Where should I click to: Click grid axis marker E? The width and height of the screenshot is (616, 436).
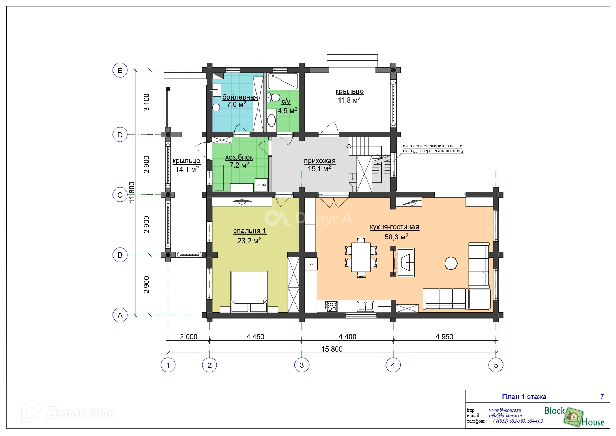click(120, 70)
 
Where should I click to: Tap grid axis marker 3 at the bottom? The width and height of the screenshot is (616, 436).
click(302, 365)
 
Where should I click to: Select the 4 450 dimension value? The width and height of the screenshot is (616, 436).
click(255, 337)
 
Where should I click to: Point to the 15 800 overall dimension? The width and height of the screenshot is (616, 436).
click(332, 349)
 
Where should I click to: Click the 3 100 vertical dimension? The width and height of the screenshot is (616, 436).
click(147, 102)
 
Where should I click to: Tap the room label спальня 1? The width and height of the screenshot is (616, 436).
click(249, 231)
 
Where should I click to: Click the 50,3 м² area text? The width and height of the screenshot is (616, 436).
click(396, 237)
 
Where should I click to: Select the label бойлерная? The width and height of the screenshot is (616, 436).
click(240, 97)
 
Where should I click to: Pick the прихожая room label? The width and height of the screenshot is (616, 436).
click(320, 161)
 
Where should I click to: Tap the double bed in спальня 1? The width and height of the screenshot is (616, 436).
click(249, 291)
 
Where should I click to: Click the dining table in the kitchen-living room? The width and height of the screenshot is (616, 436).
click(361, 257)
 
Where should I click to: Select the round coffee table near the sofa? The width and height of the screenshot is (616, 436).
click(451, 263)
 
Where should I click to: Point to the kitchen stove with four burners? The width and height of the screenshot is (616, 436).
click(331, 307)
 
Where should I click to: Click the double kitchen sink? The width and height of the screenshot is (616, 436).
click(365, 306)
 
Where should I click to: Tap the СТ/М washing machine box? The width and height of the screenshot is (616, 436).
click(261, 185)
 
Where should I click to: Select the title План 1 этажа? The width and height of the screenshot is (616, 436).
click(524, 397)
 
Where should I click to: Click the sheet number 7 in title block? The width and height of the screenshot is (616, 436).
click(602, 396)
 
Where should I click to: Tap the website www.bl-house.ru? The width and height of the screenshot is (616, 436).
click(505, 410)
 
